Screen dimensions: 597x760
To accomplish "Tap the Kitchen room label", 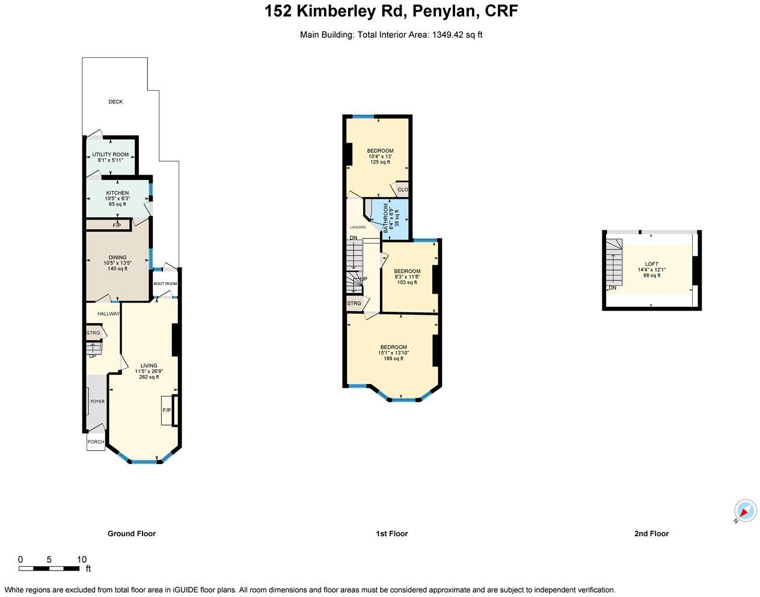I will pos(117,193).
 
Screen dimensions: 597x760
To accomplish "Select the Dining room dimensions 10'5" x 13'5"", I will pos(117,263).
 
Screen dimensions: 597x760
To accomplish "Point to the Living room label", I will pos(149,366).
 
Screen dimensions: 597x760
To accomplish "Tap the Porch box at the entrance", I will pos(96,442).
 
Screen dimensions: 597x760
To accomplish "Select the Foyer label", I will pos(97,401).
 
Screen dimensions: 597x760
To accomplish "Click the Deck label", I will pos(115,102).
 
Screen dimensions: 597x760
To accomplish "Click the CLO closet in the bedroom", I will pos(402,190).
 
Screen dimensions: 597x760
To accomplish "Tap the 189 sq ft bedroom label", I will pos(393,353).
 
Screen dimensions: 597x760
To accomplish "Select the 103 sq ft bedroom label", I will pos(407,277).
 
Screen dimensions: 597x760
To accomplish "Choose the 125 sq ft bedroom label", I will pos(380,156).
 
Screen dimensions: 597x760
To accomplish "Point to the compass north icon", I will pos(745,512).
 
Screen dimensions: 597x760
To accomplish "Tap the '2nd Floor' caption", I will pos(651,533).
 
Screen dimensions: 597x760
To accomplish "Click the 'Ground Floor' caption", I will pos(131,533).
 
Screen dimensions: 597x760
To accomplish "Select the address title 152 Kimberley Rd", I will pos(391,11).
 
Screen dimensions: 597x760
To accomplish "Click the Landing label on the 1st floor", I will pos(358,227).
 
